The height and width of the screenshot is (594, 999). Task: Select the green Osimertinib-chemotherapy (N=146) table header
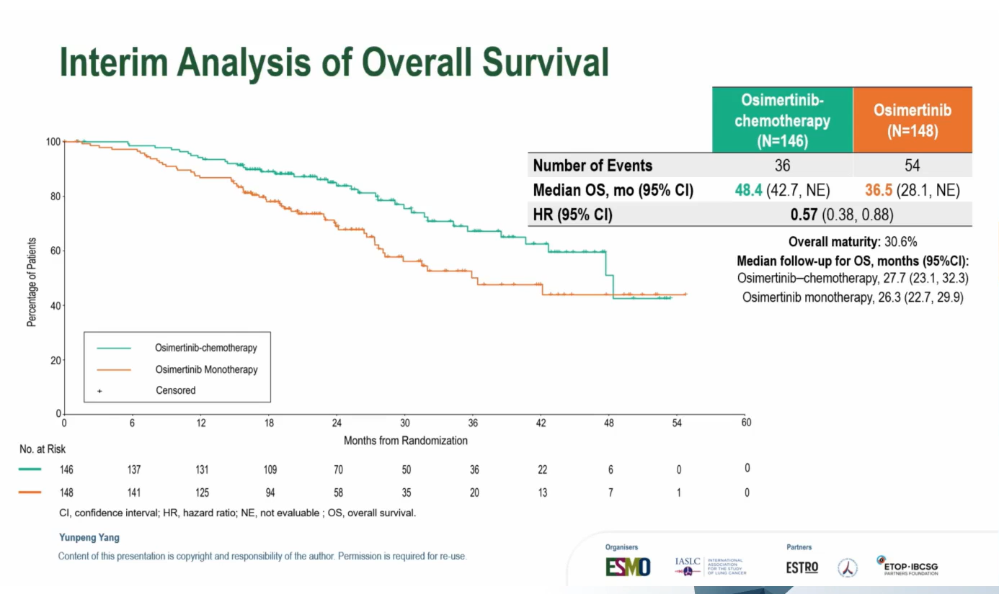tap(782, 120)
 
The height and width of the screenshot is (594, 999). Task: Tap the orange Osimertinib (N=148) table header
tap(912, 120)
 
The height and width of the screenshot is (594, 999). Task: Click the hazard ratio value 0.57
tap(804, 215)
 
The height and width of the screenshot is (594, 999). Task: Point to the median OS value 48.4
tap(747, 190)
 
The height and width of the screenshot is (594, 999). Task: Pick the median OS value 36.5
tap(879, 190)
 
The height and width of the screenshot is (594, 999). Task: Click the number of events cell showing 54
tap(912, 166)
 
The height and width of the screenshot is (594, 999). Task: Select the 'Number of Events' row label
tap(592, 166)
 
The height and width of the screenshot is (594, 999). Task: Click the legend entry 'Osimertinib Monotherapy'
tap(206, 369)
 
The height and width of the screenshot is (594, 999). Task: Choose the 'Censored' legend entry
tap(176, 390)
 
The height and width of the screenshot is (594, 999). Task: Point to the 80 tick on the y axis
tap(54, 197)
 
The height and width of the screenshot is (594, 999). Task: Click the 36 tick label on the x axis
tap(473, 423)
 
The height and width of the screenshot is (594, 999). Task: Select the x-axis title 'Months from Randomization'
tap(405, 441)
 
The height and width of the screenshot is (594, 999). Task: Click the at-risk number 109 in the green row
tap(270, 469)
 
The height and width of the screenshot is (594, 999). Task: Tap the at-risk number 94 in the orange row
tap(270, 492)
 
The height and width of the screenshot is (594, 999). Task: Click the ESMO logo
tap(627, 567)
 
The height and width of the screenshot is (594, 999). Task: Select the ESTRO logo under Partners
tap(802, 567)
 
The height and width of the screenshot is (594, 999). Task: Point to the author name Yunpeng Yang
tap(89, 537)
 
